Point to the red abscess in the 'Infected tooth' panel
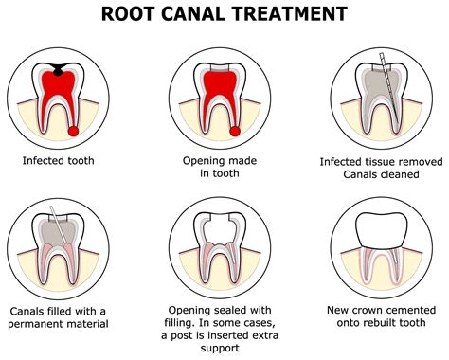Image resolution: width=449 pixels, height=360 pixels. click(x=73, y=130)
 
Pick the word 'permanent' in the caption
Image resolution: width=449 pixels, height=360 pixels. click(x=45, y=325)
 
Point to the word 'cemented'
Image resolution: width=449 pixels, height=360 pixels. click(x=417, y=309)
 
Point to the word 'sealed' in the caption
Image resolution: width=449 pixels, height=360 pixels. click(x=224, y=309)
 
